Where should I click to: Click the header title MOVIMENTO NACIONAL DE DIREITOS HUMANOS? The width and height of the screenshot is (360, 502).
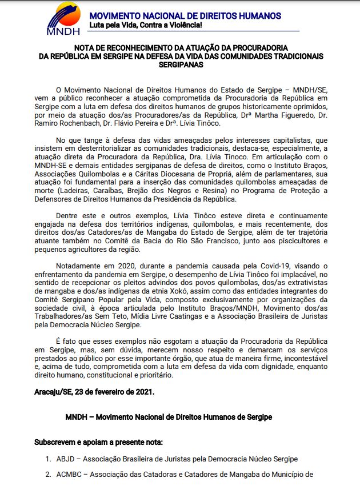[x=194, y=16]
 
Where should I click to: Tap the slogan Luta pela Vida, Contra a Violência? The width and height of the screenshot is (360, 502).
[x=145, y=26]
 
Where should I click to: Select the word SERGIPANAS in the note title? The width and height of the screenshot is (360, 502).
[x=180, y=65]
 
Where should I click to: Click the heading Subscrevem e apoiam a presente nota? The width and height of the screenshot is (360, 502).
[x=98, y=442]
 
